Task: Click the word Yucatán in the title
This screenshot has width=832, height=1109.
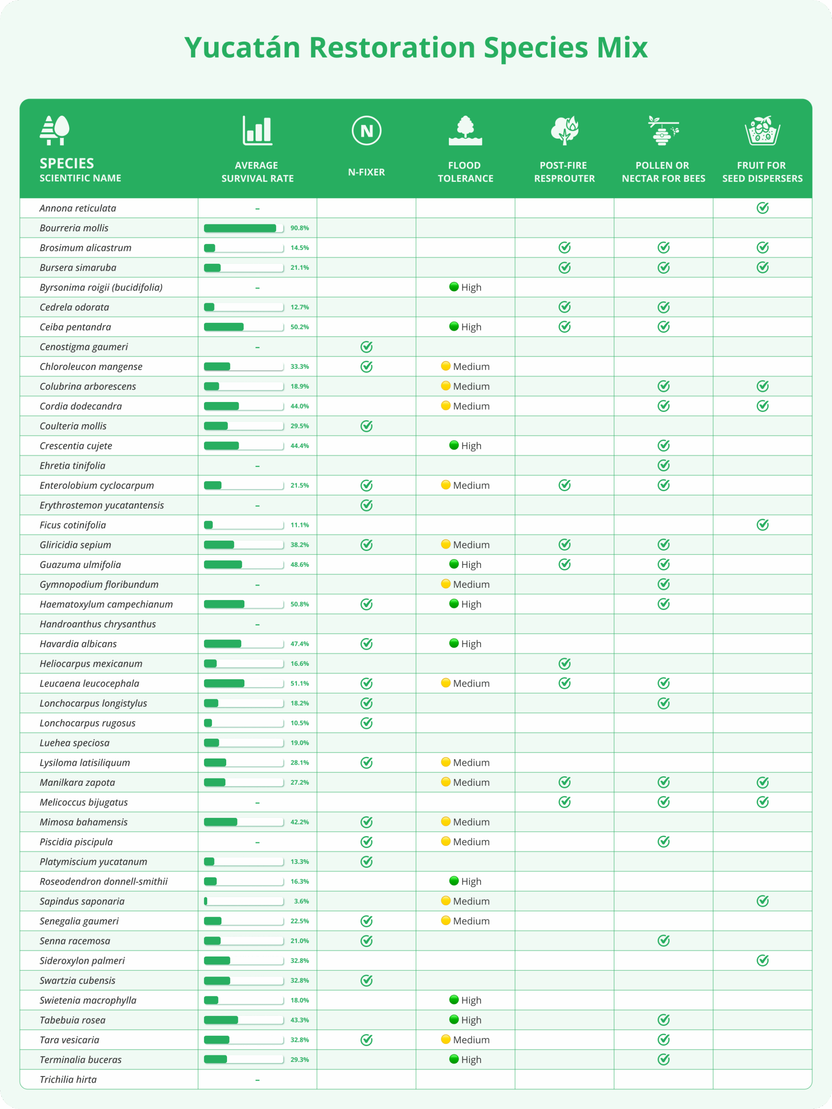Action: pos(242,48)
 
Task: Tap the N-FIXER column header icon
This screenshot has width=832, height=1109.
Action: pos(366,131)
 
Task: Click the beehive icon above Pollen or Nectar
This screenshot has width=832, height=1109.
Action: pos(663,131)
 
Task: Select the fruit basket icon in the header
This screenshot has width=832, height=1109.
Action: pos(762,131)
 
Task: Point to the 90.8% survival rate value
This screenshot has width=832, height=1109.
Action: pos(299,228)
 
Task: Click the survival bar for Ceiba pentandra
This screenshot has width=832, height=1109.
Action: pos(244,327)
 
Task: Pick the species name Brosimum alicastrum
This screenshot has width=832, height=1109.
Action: pos(85,248)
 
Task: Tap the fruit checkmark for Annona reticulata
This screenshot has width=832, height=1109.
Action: pos(762,208)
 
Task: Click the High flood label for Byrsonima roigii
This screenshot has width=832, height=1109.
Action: pos(471,287)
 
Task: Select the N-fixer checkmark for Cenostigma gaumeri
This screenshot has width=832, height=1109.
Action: pos(366,347)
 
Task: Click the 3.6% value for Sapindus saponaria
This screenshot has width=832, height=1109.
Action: pos(302,901)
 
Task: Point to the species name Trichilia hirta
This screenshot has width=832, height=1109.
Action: pos(68,1080)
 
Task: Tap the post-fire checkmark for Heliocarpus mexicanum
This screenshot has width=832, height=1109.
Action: pos(564,664)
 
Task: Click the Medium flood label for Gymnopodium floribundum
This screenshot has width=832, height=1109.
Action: pos(471,584)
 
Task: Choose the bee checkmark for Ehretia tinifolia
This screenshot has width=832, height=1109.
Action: pos(663,466)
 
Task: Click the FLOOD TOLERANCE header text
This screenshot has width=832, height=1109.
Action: pos(465,172)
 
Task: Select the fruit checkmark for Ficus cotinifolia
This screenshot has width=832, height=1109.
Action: pos(762,525)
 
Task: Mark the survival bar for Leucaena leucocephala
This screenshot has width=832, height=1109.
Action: pos(244,683)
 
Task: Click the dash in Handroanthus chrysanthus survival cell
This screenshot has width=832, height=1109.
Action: pos(257,625)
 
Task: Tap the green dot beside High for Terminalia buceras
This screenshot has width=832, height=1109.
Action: pos(454,1059)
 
